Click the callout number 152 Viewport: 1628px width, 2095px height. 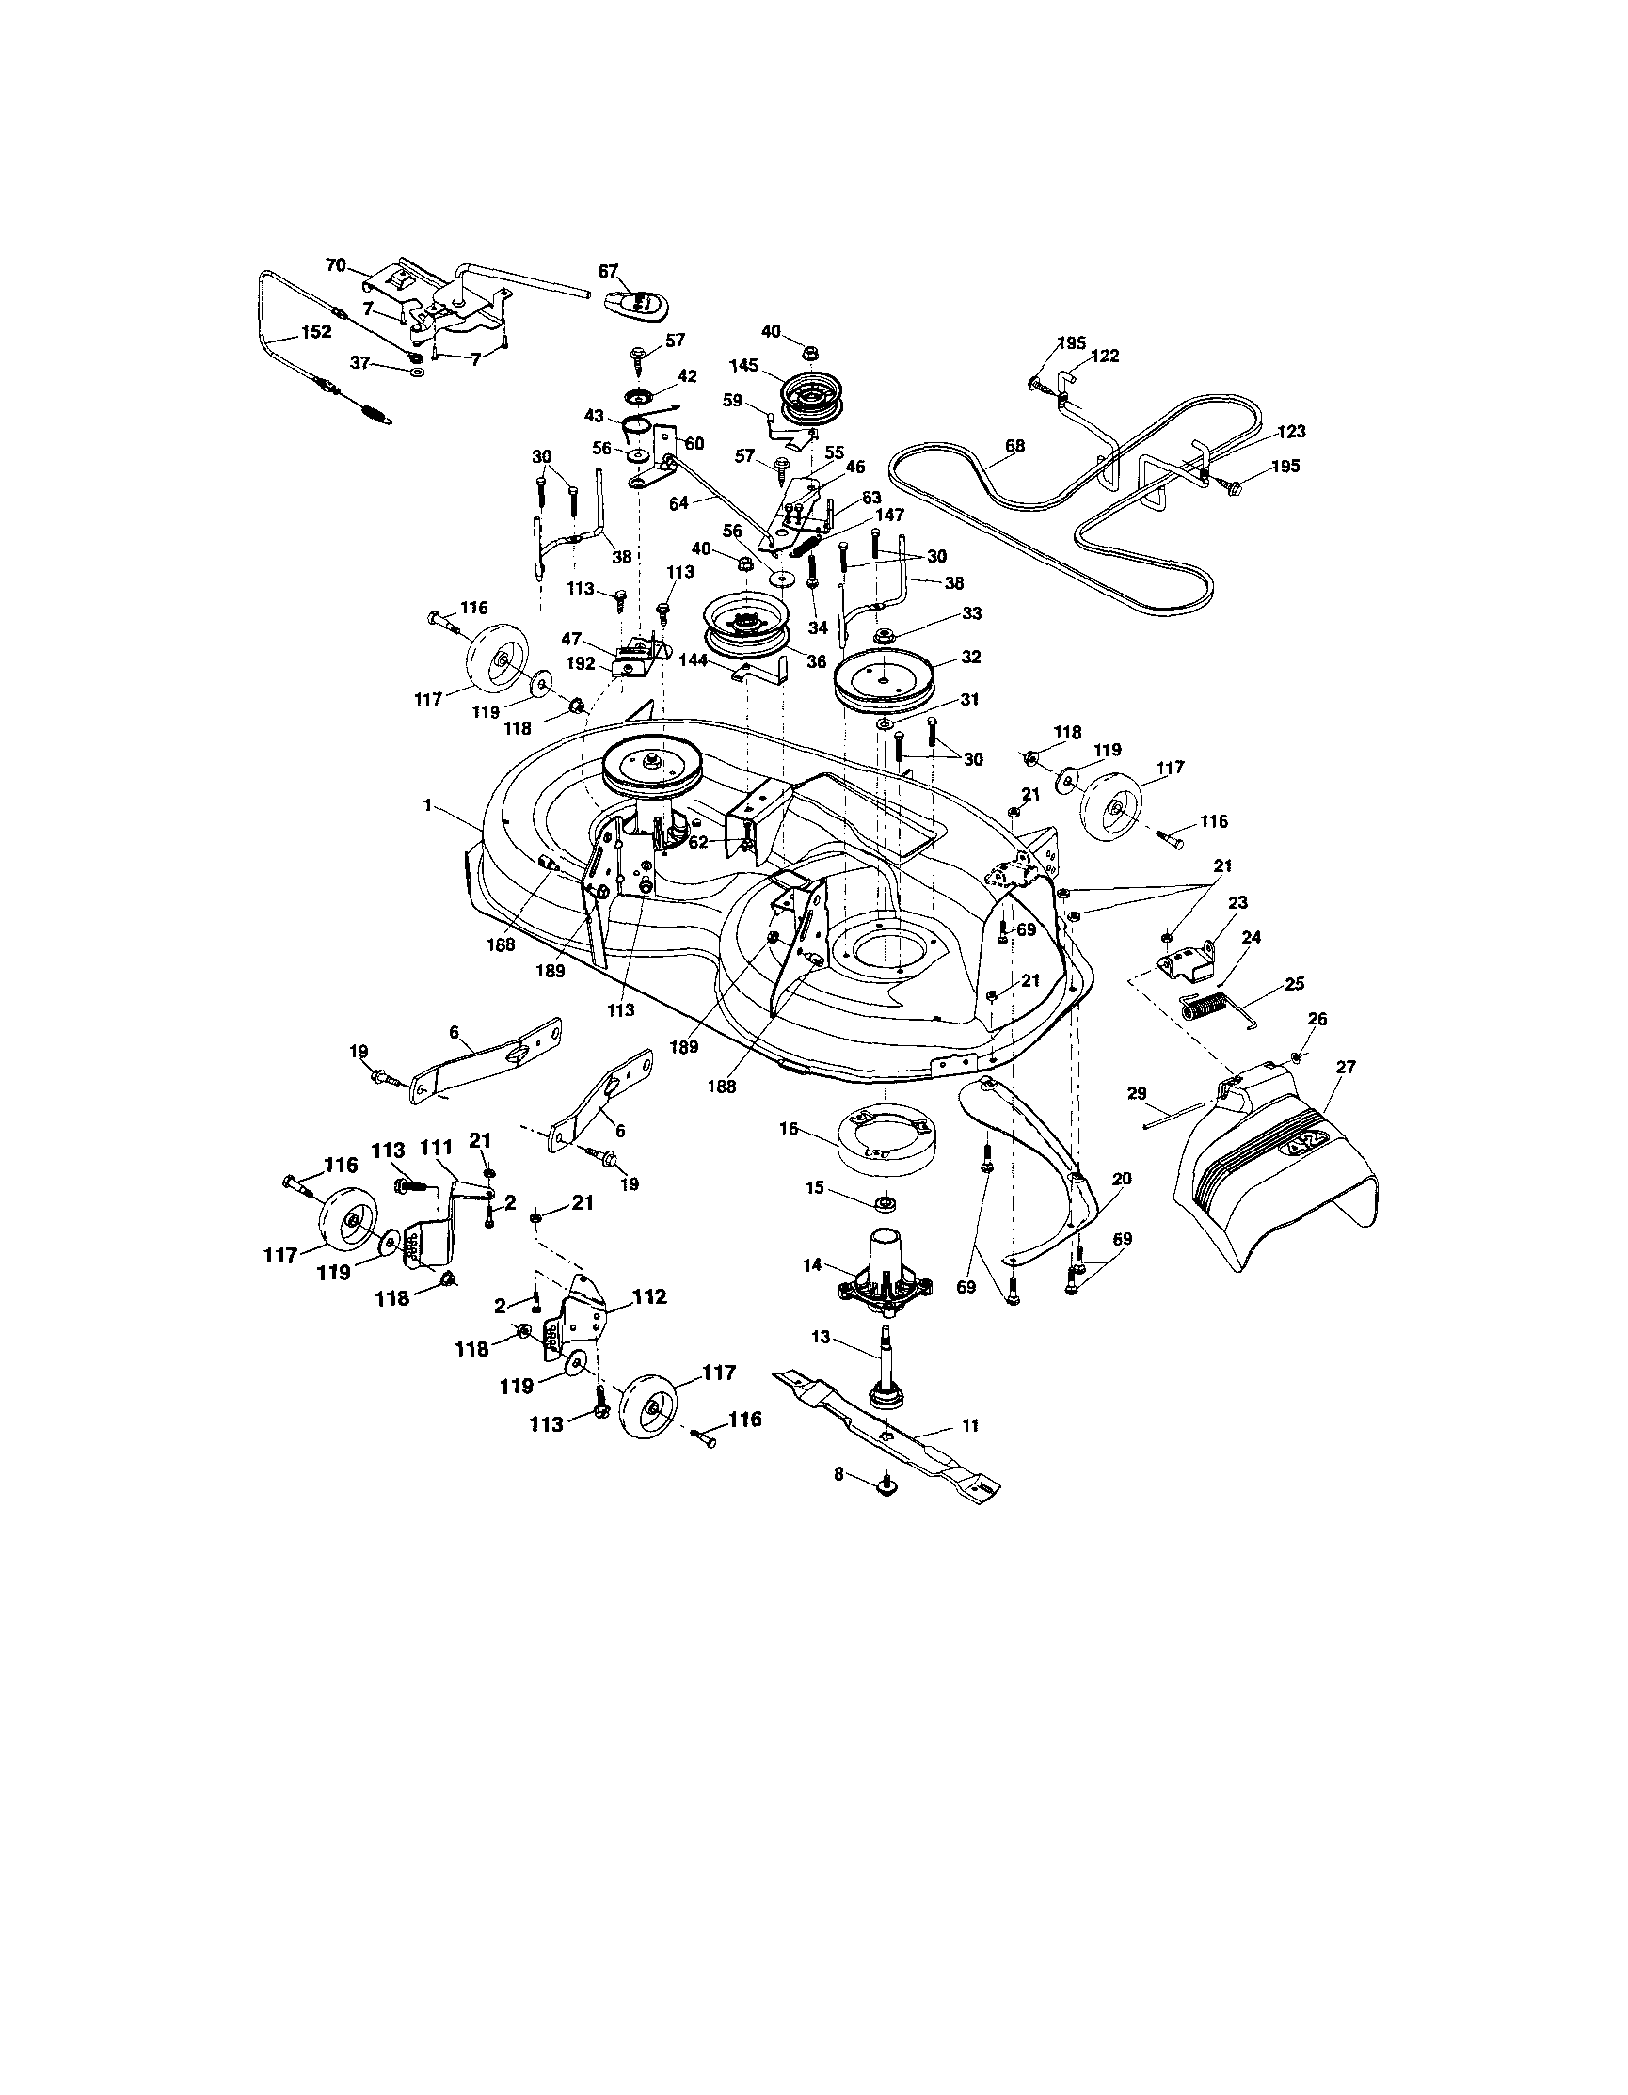[x=315, y=332]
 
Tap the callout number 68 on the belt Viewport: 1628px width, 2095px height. [x=1014, y=446]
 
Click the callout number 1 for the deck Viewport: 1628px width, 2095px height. [x=427, y=807]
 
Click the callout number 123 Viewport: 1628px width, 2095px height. [x=1290, y=433]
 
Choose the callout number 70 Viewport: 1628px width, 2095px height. [x=335, y=265]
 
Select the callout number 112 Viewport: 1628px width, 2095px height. [x=648, y=1297]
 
